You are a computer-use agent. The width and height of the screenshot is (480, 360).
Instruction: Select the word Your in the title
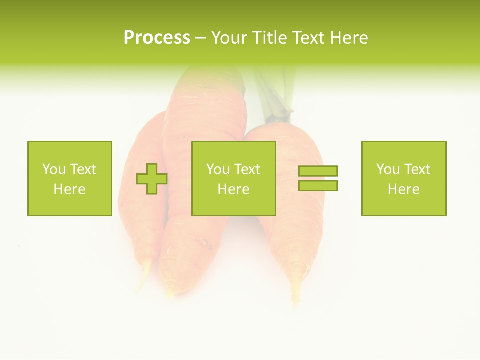230,38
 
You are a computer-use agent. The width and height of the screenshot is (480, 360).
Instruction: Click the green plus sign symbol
152,179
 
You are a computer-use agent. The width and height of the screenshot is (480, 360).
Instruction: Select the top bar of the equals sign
318,171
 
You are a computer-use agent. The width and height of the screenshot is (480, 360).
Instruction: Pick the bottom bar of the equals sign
318,186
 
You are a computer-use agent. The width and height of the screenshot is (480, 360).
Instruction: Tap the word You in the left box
54,169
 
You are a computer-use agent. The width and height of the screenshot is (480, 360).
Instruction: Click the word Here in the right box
403,189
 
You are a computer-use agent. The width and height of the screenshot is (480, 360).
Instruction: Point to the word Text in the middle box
248,169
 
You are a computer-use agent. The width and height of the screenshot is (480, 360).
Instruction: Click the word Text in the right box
418,169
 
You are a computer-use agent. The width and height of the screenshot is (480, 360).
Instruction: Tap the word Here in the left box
69,189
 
